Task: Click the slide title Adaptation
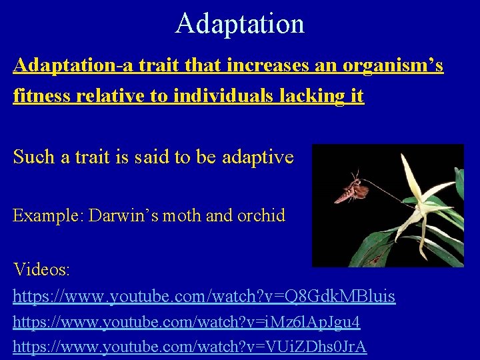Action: (x=240, y=23)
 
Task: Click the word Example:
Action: (x=47, y=216)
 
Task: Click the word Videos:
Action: (x=42, y=270)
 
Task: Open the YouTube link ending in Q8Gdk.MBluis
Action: (x=204, y=295)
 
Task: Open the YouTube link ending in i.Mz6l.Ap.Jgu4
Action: (x=187, y=323)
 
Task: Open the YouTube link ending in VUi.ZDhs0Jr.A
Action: (x=190, y=347)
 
